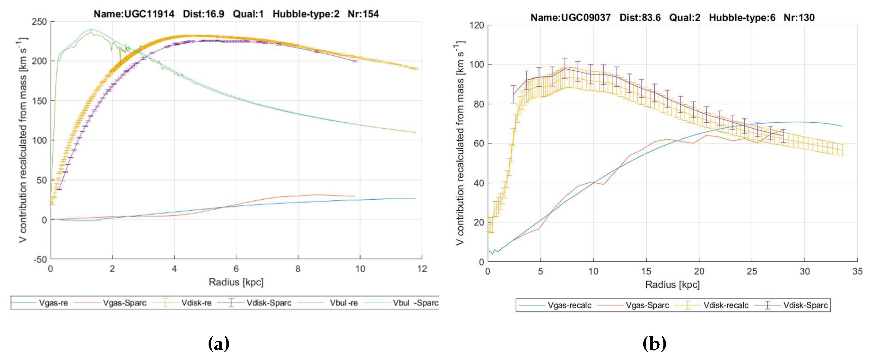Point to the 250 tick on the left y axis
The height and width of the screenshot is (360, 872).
(x=39, y=22)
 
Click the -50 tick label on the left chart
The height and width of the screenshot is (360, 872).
(x=40, y=259)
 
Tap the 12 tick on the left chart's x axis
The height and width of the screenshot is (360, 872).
(x=422, y=269)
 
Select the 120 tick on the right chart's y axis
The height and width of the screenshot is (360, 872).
(x=476, y=25)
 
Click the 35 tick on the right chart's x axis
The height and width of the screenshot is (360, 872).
(x=857, y=271)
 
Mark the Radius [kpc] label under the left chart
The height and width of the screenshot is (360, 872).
(x=236, y=282)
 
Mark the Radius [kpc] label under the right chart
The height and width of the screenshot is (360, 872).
(x=672, y=285)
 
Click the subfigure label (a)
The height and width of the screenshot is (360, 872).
(x=218, y=344)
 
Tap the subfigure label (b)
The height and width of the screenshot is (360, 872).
(x=654, y=344)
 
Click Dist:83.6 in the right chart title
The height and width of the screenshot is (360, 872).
(x=640, y=18)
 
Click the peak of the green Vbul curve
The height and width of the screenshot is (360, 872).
(x=91, y=32)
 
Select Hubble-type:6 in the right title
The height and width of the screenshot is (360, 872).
(x=742, y=18)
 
